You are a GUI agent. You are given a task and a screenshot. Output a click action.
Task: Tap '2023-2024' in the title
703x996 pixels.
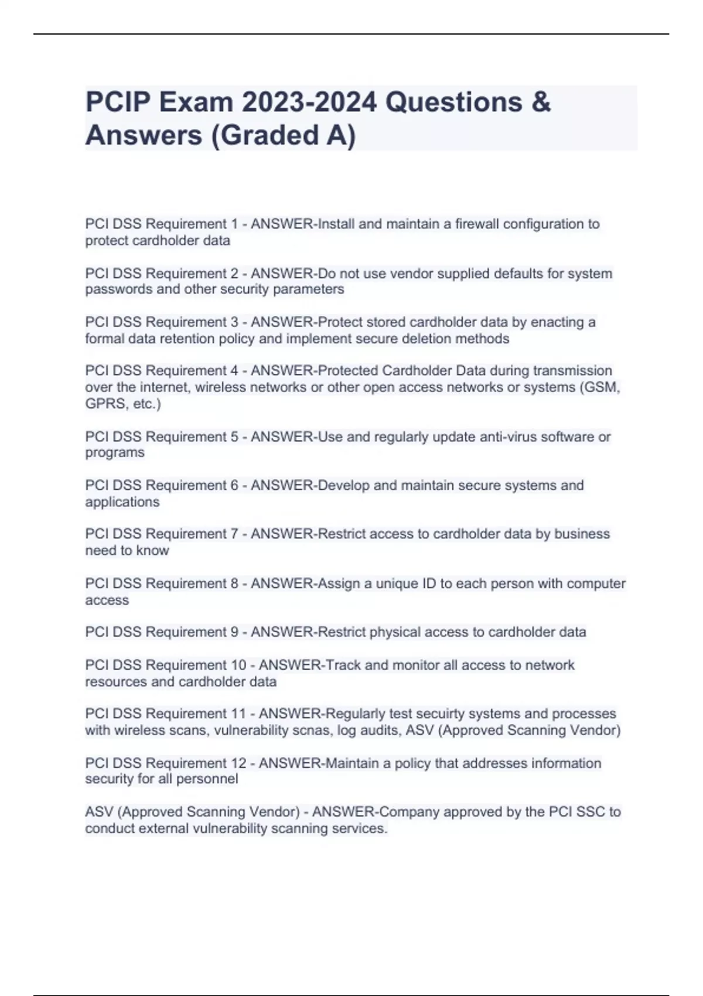309,103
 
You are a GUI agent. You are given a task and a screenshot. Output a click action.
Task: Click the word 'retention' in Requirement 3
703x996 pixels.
187,339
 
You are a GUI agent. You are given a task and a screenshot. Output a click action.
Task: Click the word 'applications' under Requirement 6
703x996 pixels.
122,502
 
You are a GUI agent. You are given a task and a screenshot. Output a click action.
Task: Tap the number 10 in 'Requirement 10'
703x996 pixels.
247,665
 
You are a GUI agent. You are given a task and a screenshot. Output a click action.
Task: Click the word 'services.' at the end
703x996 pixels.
360,828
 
